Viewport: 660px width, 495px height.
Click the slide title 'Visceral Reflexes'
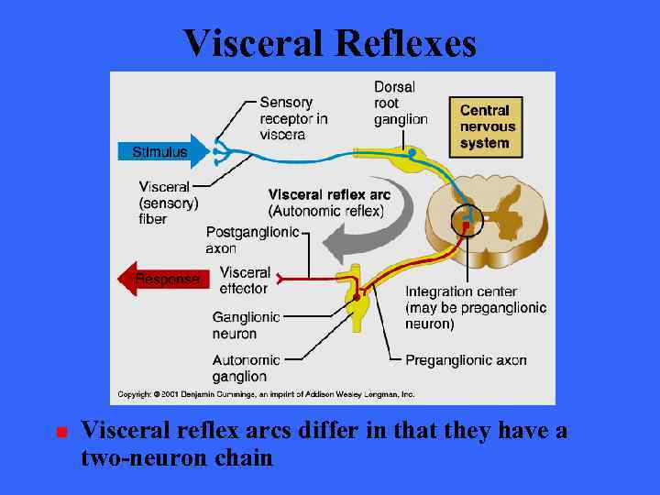(329, 42)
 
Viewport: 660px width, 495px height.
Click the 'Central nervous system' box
(488, 126)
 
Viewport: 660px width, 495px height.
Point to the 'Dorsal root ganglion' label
(401, 103)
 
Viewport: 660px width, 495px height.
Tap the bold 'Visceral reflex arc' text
(329, 194)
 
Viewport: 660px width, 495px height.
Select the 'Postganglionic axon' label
(252, 239)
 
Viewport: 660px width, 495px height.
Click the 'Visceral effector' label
(245, 280)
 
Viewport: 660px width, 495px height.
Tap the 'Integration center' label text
(461, 292)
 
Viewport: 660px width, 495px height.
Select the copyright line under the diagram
(266, 394)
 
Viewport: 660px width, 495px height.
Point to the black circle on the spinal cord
(467, 221)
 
